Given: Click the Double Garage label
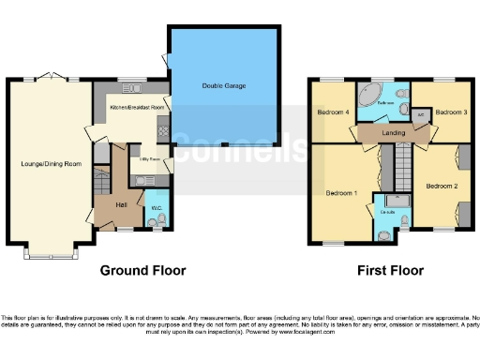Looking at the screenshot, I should [223, 86].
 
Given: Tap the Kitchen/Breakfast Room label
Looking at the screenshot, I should [137, 108].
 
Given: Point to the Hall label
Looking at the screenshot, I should [121, 204].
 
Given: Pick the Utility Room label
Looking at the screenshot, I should [148, 160].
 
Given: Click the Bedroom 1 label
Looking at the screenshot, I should [341, 193].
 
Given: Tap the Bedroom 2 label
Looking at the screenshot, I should [442, 187].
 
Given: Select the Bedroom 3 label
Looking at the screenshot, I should [452, 112].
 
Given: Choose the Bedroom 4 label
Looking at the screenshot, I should [333, 112].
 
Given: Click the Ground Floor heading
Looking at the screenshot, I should [143, 270].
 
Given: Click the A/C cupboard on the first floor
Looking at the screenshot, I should [420, 117].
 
